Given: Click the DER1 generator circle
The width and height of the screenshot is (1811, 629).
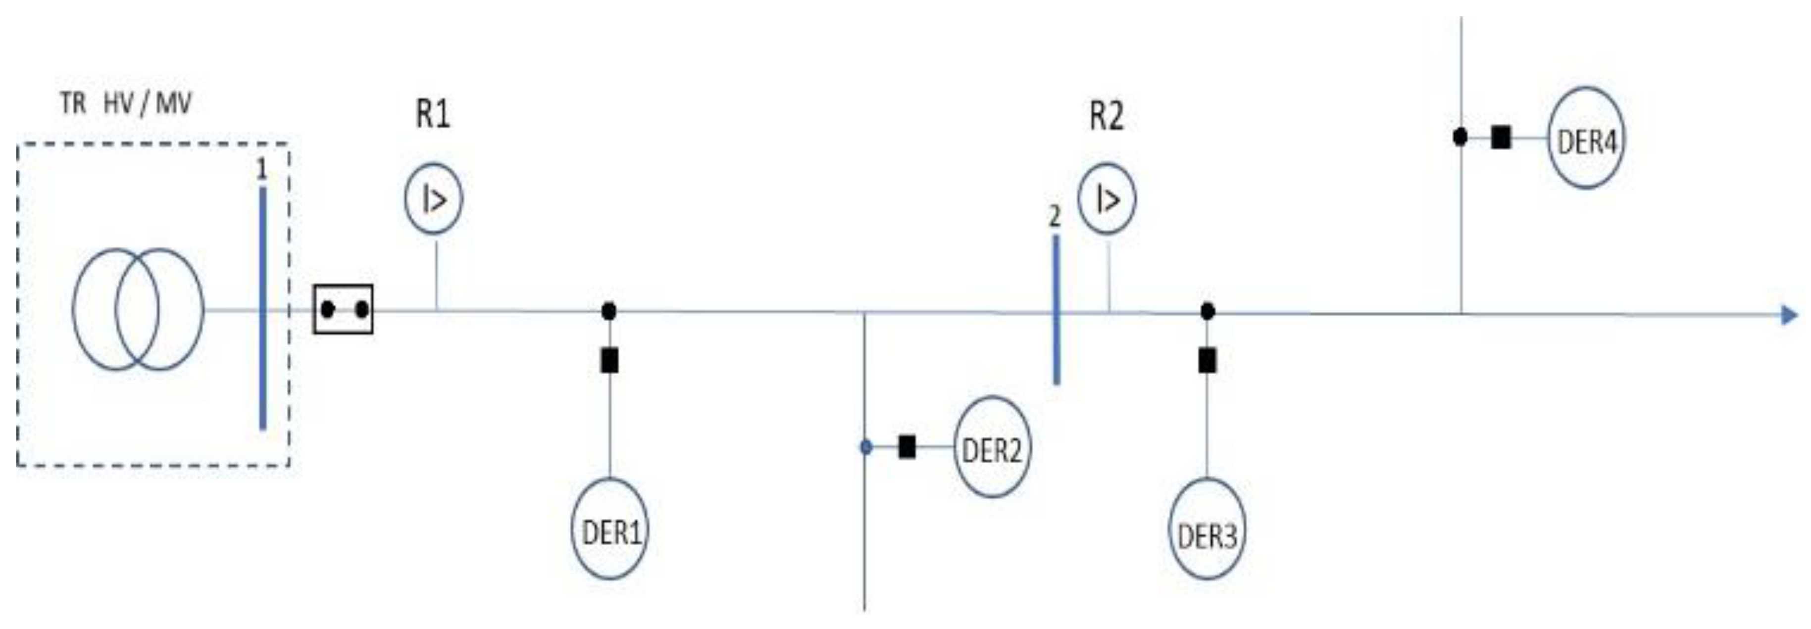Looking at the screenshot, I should point(609,529).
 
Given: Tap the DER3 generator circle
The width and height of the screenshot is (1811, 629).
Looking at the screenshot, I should point(1207,529).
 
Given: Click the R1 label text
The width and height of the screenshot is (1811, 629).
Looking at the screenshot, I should point(432,113).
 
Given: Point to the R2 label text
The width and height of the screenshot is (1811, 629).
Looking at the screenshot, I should point(1106,115).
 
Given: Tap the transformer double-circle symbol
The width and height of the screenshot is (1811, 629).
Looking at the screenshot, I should point(138,309).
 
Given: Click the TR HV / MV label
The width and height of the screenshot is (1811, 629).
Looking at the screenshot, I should point(125,104).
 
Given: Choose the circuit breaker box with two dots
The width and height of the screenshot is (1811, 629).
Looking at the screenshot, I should point(343,309).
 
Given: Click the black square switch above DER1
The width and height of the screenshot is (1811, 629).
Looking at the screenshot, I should point(609,361).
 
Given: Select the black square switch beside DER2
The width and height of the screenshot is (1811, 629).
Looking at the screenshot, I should point(907,447).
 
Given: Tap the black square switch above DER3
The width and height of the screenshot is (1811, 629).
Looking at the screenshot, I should point(1207,361).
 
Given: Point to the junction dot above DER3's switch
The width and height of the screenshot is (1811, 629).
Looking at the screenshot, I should point(1207,311).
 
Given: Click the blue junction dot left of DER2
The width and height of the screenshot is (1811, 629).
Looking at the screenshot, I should point(866,447).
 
